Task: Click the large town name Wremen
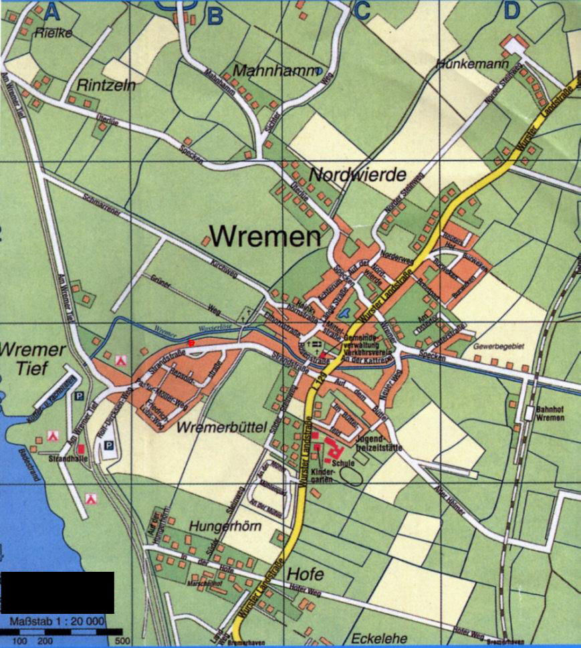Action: (x=265, y=235)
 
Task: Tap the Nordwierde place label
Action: (x=358, y=175)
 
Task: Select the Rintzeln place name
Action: (x=107, y=85)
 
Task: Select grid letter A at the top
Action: (x=52, y=11)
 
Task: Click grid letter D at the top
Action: (x=511, y=11)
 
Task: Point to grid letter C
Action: (x=362, y=11)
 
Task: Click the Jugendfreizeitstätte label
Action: (x=379, y=443)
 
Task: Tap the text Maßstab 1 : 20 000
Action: (x=57, y=622)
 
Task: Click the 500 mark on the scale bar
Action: (x=121, y=641)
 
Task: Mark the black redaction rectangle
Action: (x=57, y=592)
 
